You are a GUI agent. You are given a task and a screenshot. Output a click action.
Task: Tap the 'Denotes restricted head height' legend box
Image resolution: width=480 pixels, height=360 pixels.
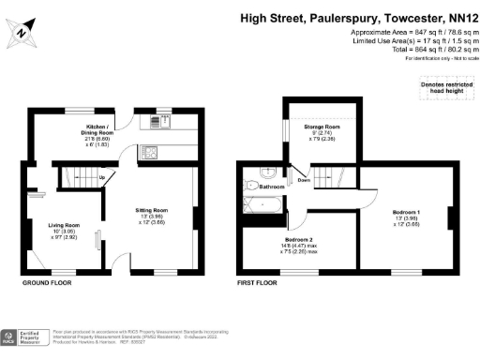[x=443, y=87]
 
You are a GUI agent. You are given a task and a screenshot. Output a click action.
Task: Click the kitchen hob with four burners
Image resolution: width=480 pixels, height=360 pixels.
[x=150, y=151]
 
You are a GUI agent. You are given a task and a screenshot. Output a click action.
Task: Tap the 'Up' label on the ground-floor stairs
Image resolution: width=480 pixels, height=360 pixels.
[x=100, y=176]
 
